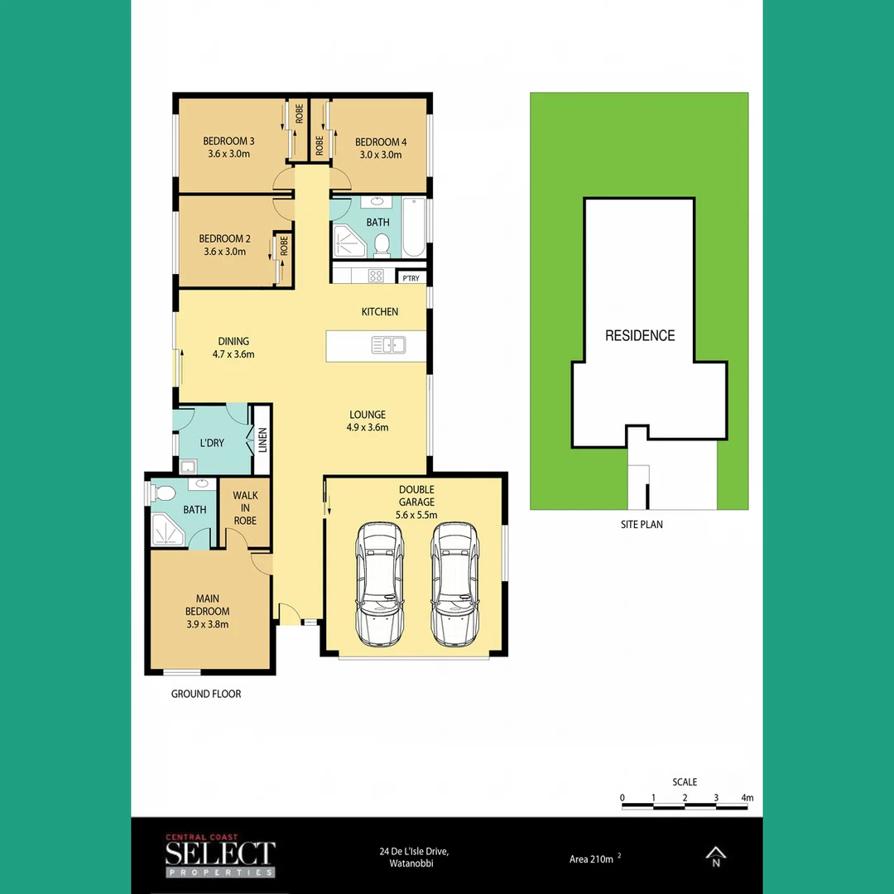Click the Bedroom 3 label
click(x=228, y=142)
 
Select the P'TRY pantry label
click(x=411, y=278)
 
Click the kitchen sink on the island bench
click(x=387, y=345)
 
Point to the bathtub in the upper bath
click(x=414, y=228)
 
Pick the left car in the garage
click(x=380, y=583)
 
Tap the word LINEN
click(x=262, y=440)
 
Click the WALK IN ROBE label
click(x=245, y=508)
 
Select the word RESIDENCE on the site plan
click(x=640, y=335)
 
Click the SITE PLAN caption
click(x=642, y=524)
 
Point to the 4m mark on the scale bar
click(x=747, y=799)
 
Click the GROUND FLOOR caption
click(x=206, y=694)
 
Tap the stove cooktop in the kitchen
click(x=377, y=276)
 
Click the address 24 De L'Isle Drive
click(x=414, y=852)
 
